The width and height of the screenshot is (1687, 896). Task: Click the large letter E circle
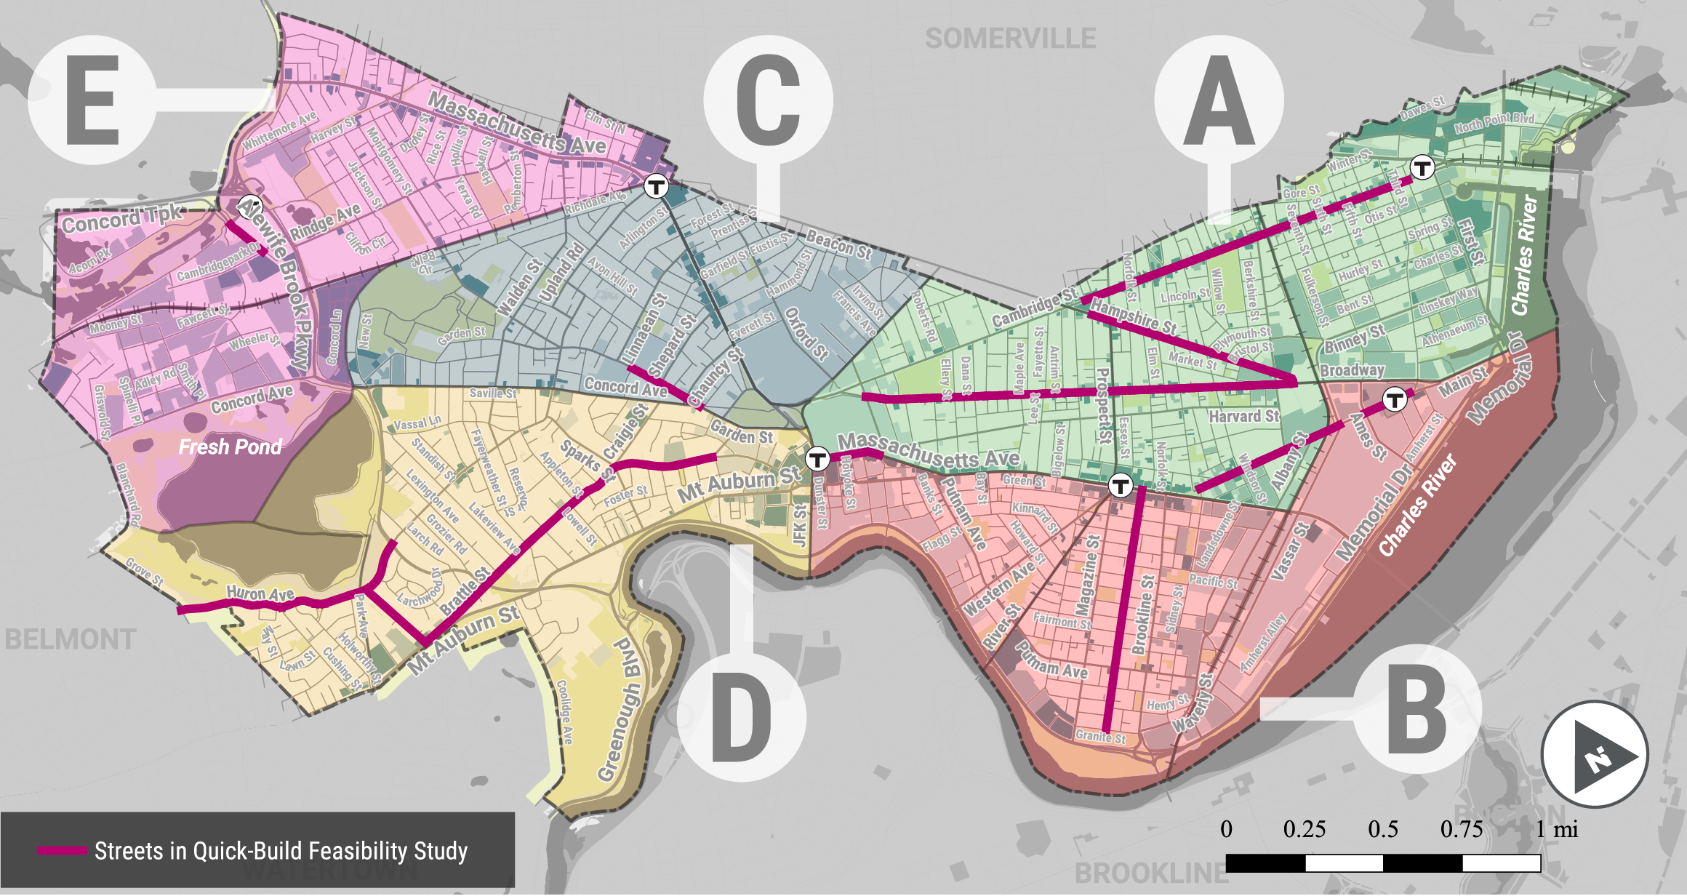click(x=92, y=100)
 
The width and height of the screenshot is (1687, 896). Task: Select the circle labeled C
click(x=768, y=100)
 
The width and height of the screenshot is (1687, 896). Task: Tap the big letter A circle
click(x=1219, y=100)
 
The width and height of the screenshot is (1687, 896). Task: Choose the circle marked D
click(x=742, y=717)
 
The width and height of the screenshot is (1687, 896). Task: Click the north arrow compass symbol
click(x=1595, y=754)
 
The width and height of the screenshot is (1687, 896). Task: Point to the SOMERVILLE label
click(x=1010, y=39)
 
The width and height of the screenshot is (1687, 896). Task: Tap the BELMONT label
click(x=70, y=640)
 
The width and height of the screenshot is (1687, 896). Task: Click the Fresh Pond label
click(x=230, y=447)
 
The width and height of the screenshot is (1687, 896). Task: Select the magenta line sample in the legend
click(x=62, y=850)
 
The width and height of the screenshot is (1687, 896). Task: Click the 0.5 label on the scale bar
click(x=1382, y=830)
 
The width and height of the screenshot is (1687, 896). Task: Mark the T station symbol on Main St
click(x=1394, y=399)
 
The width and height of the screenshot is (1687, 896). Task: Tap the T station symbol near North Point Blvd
click(x=1422, y=168)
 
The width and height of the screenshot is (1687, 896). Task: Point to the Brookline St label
click(x=1143, y=615)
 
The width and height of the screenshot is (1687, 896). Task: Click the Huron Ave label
click(x=260, y=593)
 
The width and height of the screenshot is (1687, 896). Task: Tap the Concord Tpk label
click(x=121, y=218)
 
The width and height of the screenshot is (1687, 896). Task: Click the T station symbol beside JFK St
click(x=817, y=459)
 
